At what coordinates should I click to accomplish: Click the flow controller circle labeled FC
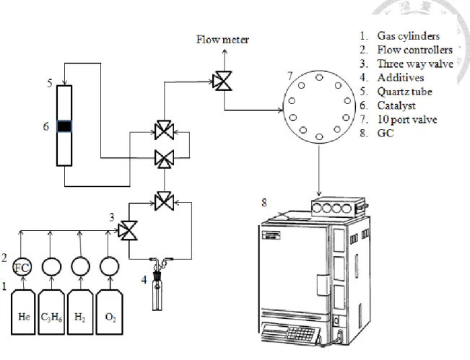[22, 267]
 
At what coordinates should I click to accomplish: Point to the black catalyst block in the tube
[64, 126]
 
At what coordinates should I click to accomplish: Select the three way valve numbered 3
[128, 231]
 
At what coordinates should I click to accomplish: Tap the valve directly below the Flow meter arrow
[222, 81]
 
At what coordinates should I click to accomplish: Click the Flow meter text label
[222, 40]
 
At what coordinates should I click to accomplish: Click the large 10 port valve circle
[319, 107]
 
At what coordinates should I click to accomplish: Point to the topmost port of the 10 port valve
[319, 78]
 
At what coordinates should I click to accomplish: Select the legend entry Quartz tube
[404, 92]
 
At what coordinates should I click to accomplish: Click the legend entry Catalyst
[396, 105]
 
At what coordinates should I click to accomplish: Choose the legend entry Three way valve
[415, 63]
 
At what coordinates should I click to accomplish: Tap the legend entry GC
[386, 133]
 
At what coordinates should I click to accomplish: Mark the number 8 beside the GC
[264, 203]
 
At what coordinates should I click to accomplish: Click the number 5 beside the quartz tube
[50, 83]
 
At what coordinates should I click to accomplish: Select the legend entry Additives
[401, 78]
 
